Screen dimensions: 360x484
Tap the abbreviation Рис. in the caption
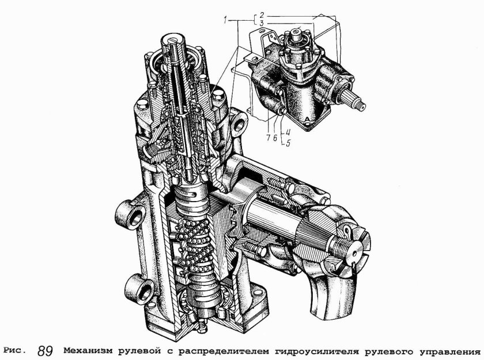(15, 350)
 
